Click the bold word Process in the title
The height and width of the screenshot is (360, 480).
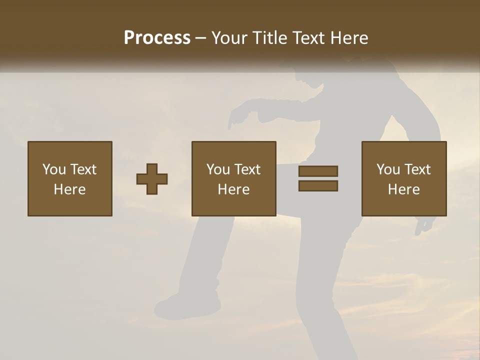pyautogui.click(x=157, y=37)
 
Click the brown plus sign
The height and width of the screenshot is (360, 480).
pyautogui.click(x=152, y=178)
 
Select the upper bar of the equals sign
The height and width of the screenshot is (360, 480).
pyautogui.click(x=318, y=171)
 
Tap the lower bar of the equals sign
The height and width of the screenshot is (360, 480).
pyautogui.click(x=318, y=185)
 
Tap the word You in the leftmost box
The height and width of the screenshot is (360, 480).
pyautogui.click(x=54, y=169)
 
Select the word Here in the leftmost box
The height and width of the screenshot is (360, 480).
pyautogui.click(x=70, y=189)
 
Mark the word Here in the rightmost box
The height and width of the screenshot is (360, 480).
pyautogui.click(x=404, y=189)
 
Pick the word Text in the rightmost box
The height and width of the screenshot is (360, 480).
pyautogui.click(x=417, y=169)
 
